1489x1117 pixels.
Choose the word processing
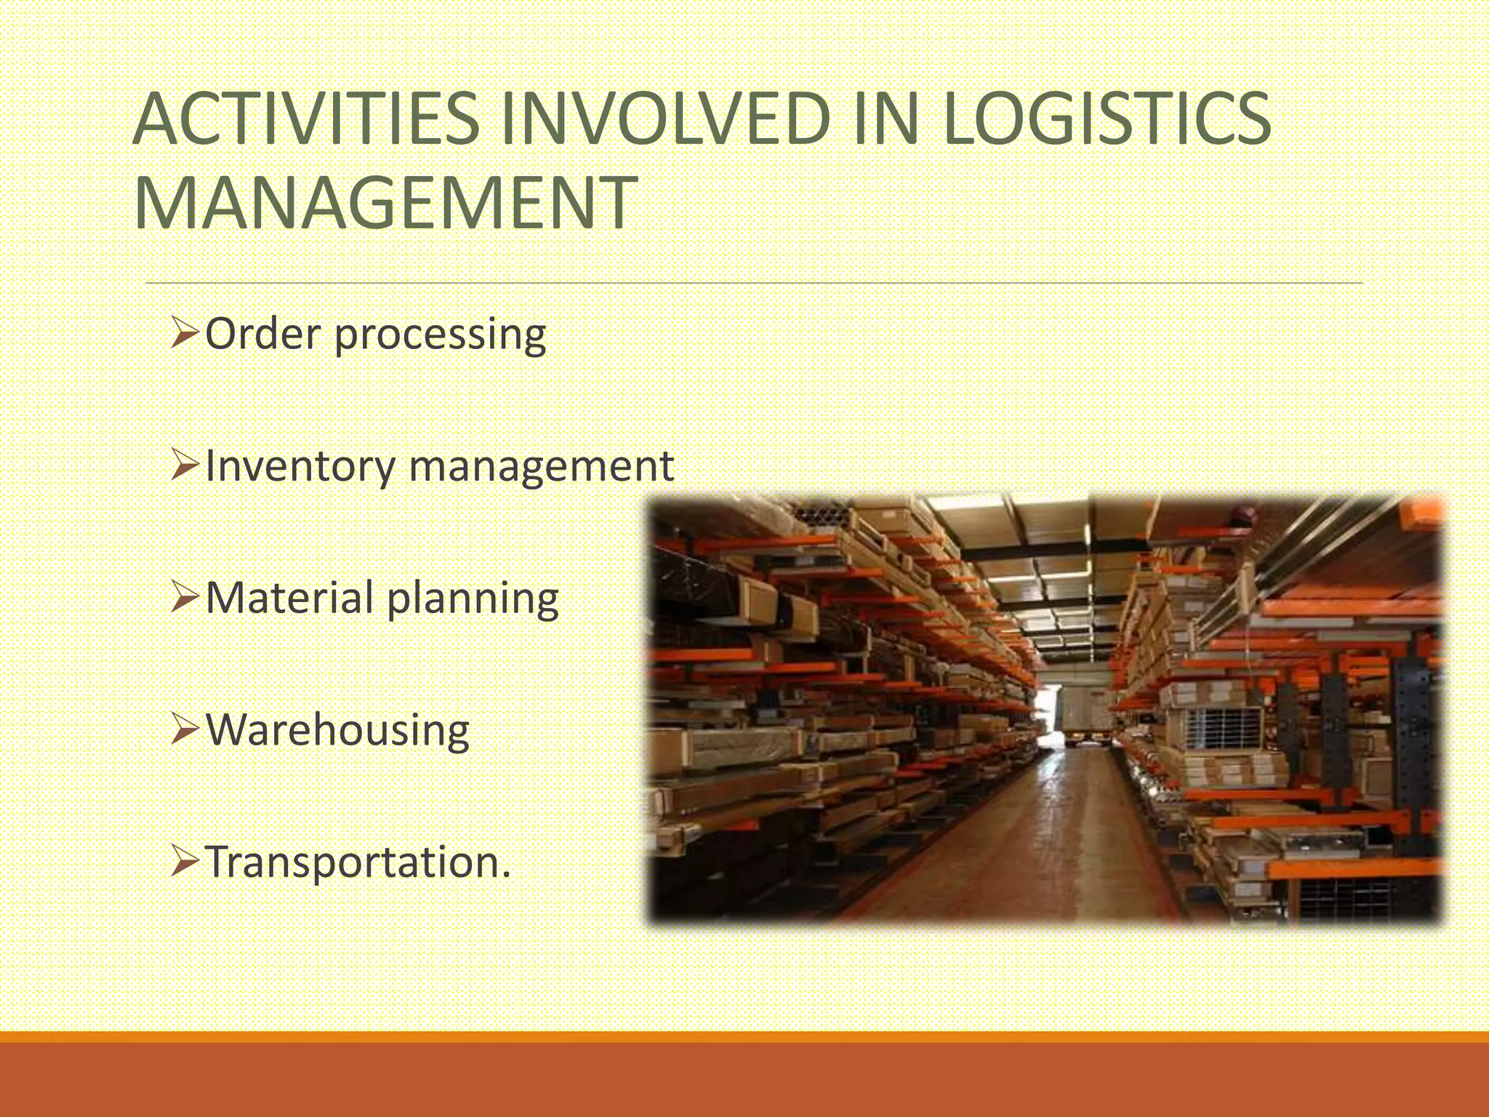point(441,336)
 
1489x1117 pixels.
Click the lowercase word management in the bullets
point(542,467)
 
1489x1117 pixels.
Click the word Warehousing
point(338,730)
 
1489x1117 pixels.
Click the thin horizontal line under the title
point(753,283)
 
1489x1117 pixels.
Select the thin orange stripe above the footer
point(744,1037)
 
